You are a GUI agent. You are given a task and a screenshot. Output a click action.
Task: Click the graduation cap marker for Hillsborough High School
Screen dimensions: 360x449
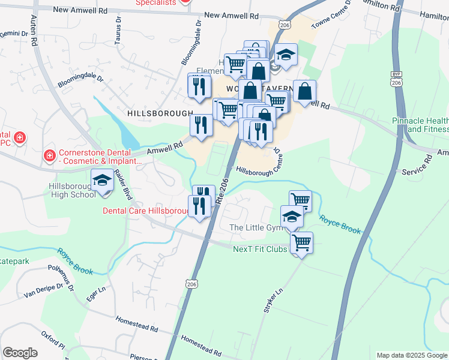102,181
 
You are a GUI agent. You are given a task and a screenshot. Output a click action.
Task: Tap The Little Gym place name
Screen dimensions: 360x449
255,227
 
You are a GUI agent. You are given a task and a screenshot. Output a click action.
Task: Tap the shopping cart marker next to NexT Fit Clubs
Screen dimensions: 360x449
301,243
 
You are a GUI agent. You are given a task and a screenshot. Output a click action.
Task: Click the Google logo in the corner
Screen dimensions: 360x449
20,352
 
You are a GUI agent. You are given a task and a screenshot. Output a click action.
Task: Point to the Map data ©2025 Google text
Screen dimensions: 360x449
411,355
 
